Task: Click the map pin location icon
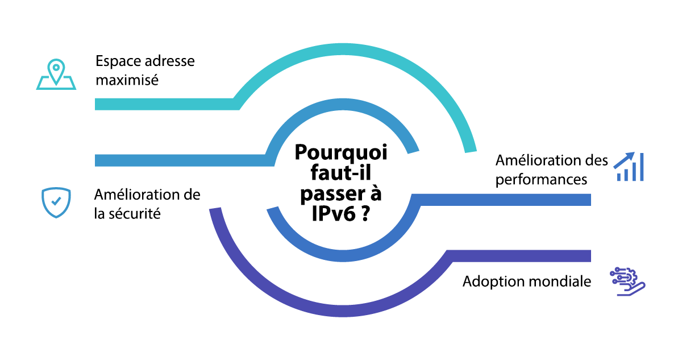(56, 75)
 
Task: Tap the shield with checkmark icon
(56, 202)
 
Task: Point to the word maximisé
(127, 80)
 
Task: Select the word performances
(541, 180)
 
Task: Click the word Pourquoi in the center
(341, 154)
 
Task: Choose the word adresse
(169, 61)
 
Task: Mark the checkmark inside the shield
(56, 201)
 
